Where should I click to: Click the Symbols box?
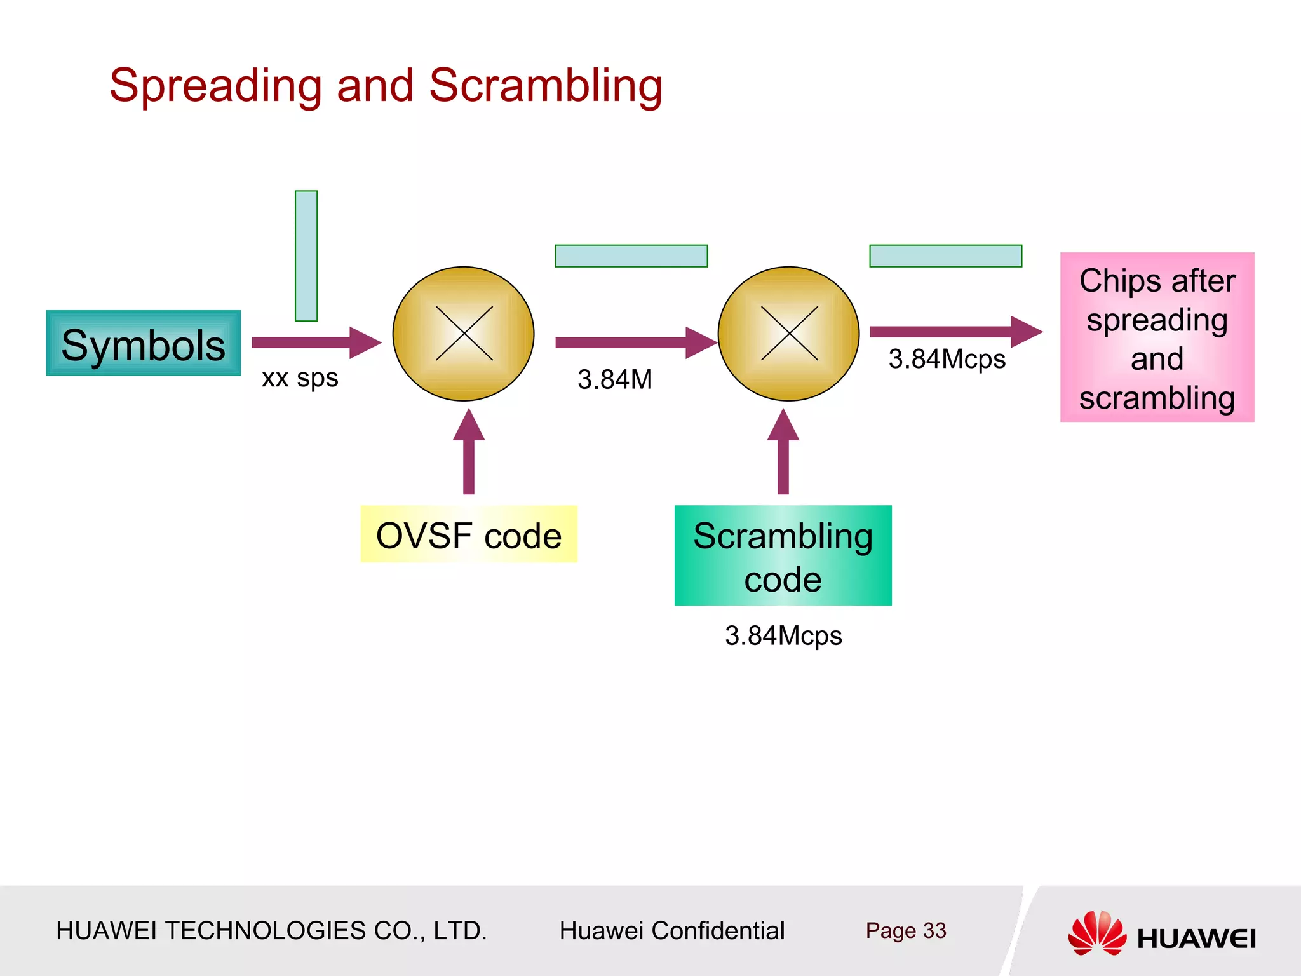coord(143,344)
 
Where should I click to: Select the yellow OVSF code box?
coord(469,534)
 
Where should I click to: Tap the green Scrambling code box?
coord(783,555)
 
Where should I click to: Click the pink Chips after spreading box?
coord(1157,337)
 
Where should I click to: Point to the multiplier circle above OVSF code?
coord(464,334)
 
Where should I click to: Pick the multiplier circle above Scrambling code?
coord(788,334)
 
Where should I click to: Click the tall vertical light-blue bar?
coord(306,255)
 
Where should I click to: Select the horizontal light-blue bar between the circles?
coord(631,256)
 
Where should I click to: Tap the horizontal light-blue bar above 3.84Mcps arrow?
coord(945,256)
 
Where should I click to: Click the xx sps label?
coord(300,378)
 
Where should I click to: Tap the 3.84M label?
coord(614,379)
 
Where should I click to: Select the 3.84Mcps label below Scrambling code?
coord(783,635)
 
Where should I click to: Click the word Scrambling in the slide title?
coord(545,86)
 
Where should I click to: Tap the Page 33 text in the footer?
coord(905,930)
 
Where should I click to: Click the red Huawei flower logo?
coord(1097,933)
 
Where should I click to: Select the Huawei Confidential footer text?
coord(671,930)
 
